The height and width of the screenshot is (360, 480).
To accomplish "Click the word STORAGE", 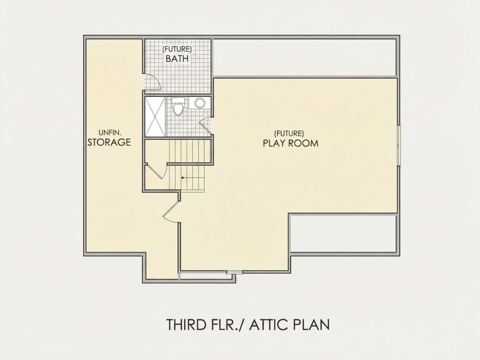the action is (x=109, y=142).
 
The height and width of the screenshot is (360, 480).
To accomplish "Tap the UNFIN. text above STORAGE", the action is (x=110, y=133).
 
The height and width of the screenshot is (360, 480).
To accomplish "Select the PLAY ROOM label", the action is (x=291, y=143).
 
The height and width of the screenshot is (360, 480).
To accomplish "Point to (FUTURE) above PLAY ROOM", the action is (x=289, y=134).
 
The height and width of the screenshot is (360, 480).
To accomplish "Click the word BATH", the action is (x=177, y=58).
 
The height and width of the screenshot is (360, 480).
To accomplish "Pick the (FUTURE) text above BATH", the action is (x=177, y=49).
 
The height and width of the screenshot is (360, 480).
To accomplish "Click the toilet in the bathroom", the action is (x=178, y=106).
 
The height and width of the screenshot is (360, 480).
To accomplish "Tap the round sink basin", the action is (x=199, y=103).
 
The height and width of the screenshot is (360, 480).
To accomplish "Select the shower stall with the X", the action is (x=155, y=117).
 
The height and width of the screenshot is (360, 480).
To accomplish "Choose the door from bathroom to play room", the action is (x=206, y=126).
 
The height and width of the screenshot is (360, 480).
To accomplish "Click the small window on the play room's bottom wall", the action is (x=234, y=272).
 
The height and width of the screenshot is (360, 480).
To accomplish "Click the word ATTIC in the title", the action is (x=269, y=325).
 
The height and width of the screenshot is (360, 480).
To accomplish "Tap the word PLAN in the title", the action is (x=311, y=325).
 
